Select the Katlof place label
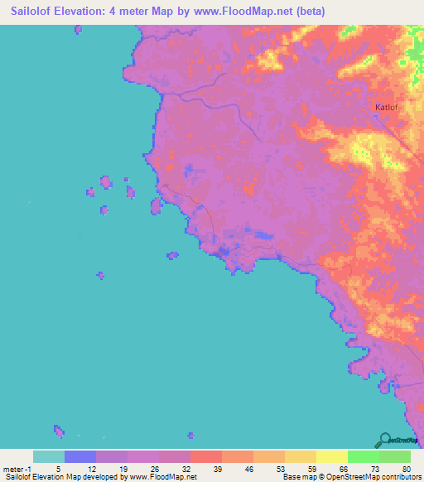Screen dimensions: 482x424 [387, 107]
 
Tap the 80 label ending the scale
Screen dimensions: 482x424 [405, 469]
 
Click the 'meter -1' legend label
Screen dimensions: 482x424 [16, 469]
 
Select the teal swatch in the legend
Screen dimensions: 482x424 [49, 456]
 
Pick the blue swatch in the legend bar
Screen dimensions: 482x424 [80, 456]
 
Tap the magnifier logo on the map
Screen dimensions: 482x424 [384, 440]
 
